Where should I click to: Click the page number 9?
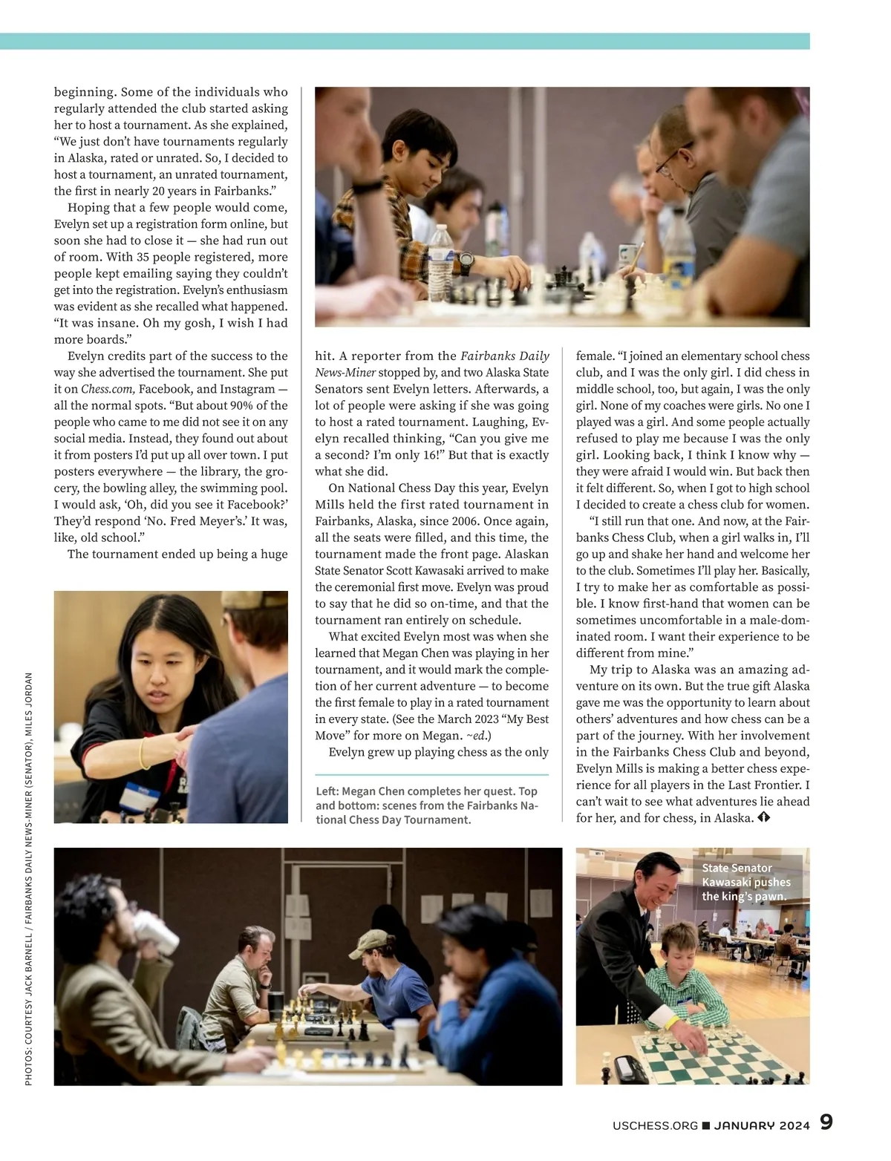(x=826, y=1122)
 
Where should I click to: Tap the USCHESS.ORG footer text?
(x=655, y=1125)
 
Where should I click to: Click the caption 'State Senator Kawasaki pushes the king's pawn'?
(x=747, y=882)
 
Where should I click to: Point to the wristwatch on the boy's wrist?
(x=465, y=261)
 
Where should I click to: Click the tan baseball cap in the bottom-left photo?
(x=373, y=943)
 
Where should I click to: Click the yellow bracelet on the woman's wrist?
(x=144, y=761)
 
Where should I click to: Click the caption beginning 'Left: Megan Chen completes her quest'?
(x=427, y=805)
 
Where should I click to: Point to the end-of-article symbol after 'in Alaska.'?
(x=765, y=818)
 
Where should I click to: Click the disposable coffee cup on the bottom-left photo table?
(x=406, y=1033)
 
